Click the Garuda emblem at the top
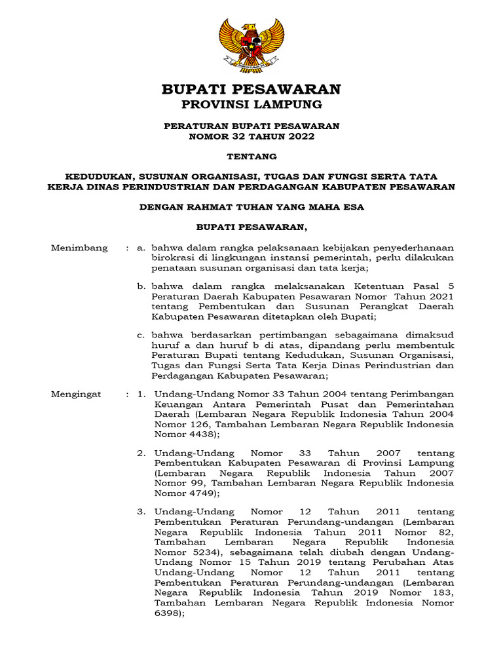point(251,44)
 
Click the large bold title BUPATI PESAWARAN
point(251,89)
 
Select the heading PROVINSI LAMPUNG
point(251,105)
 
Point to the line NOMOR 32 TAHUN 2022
point(251,136)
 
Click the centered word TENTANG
point(251,157)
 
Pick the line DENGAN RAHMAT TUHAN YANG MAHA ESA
point(251,207)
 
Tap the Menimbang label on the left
point(79,248)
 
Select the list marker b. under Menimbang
point(141,286)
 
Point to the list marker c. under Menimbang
point(141,335)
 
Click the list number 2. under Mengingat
point(141,453)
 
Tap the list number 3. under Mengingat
point(141,511)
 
